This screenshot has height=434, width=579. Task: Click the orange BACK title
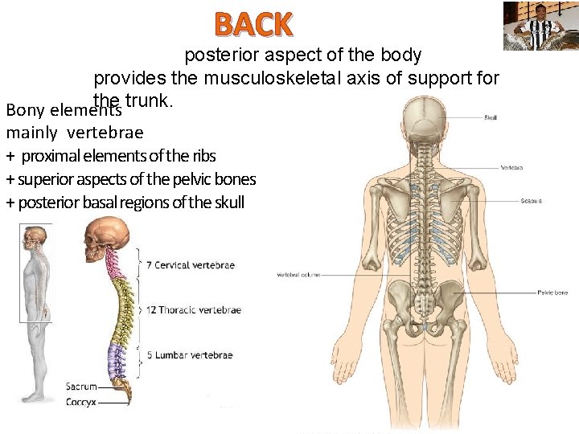coord(253,25)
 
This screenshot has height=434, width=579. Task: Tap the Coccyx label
coord(82,400)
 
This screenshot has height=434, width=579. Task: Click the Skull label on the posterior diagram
coord(490,117)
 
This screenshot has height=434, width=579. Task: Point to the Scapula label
coord(531,200)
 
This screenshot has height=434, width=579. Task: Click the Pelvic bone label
coord(552,293)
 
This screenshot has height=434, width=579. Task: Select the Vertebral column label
coord(298,274)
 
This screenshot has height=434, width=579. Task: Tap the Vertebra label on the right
coord(512,168)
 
